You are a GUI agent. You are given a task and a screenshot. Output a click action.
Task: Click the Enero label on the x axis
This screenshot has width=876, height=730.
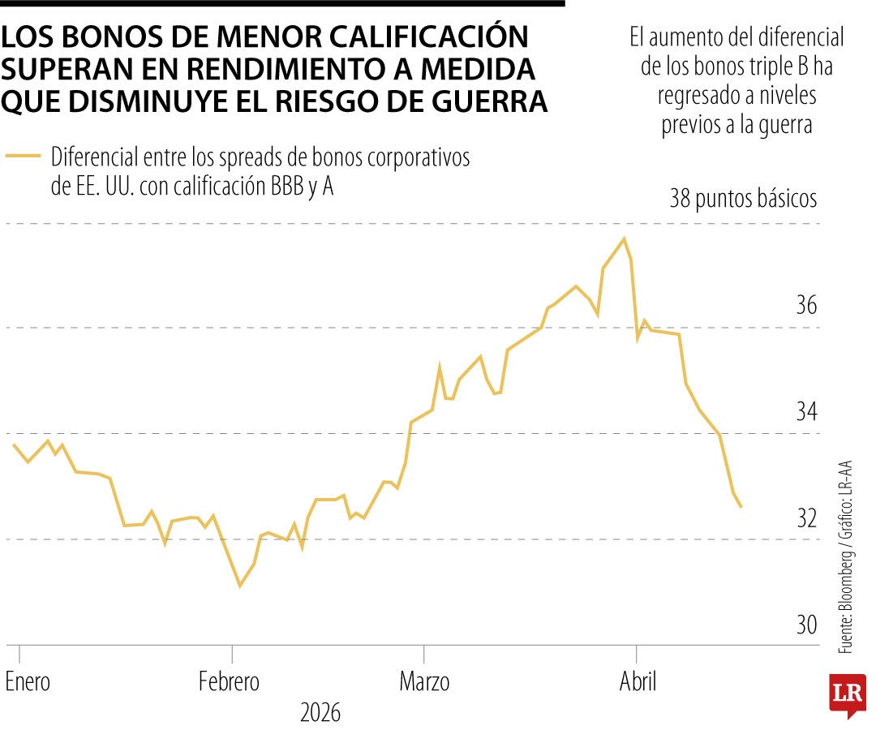(28, 682)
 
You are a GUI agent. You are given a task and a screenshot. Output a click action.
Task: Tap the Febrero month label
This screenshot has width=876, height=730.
(230, 682)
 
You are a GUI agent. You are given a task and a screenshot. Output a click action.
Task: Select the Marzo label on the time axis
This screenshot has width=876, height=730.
(424, 682)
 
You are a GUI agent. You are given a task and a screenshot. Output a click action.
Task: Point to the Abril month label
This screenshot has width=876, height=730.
(638, 682)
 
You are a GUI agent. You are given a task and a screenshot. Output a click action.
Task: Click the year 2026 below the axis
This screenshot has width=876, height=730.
(320, 714)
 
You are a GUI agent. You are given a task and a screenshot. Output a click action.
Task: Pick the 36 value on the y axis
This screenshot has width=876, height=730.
(806, 306)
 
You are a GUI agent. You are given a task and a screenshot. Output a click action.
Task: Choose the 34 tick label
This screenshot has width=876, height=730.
(806, 412)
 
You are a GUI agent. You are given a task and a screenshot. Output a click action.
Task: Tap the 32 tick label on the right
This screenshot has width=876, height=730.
(806, 517)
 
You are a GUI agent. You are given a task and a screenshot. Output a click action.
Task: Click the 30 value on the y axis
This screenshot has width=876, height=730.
(806, 625)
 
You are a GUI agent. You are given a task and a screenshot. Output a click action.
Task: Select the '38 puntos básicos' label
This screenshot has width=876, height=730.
(743, 199)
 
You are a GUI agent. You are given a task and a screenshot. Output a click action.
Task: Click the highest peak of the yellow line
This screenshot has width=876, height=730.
(624, 238)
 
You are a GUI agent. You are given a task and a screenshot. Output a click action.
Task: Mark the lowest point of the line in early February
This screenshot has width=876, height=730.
(239, 585)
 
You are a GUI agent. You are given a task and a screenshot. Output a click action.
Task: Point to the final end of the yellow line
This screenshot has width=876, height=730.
(741, 507)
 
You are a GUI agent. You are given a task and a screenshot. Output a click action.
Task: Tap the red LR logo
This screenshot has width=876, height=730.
(847, 694)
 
